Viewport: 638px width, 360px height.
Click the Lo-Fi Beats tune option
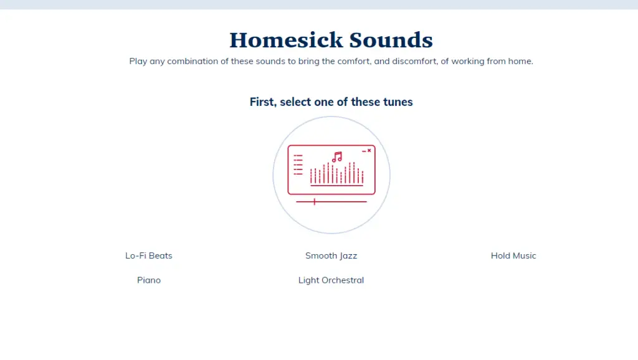pos(148,255)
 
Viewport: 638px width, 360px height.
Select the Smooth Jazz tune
pos(331,255)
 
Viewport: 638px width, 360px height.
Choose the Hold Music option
pos(513,255)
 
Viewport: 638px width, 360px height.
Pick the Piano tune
pos(149,280)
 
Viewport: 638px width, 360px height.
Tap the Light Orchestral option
pos(331,280)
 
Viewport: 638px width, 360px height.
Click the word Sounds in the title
pos(391,40)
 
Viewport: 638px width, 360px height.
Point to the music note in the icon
pos(337,157)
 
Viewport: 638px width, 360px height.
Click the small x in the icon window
pos(369,151)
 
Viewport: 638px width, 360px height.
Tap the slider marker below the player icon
pos(315,202)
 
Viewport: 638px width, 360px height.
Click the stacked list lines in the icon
pos(298,165)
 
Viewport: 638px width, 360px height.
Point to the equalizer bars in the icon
pos(337,174)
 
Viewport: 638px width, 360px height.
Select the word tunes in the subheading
pos(398,102)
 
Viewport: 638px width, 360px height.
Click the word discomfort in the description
pos(415,61)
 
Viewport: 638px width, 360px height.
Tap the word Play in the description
pos(138,61)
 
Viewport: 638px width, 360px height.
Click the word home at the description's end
pos(520,61)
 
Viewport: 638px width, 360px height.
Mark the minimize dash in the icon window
pos(364,151)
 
